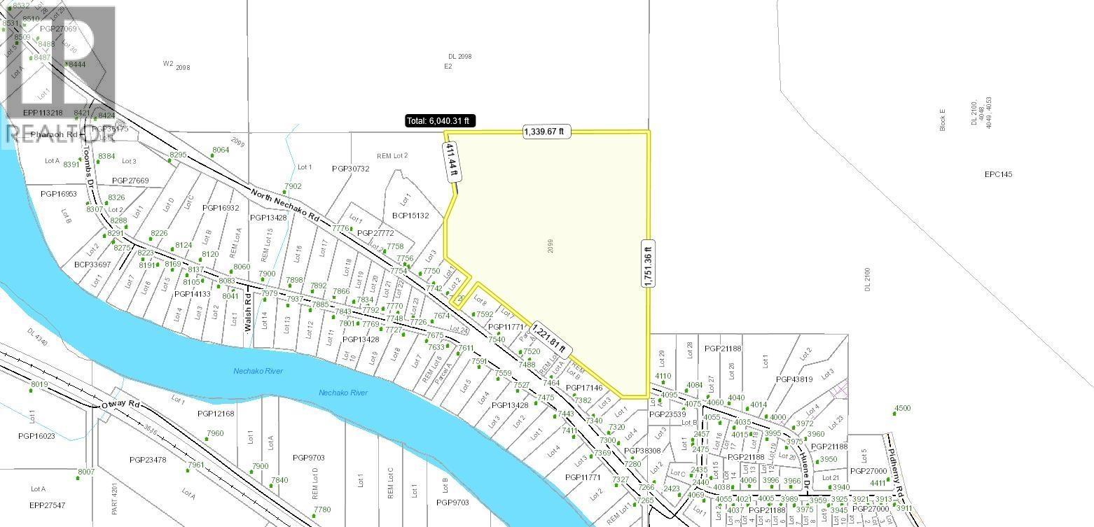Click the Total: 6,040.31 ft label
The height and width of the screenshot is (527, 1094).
click(440, 121)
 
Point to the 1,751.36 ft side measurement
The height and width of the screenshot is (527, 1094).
click(648, 262)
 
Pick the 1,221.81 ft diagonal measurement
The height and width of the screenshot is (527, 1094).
click(547, 339)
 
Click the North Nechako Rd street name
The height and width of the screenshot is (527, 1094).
click(284, 202)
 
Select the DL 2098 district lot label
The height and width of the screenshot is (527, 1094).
click(460, 57)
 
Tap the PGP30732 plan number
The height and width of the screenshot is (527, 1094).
click(350, 169)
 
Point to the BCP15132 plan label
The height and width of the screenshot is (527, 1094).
click(410, 216)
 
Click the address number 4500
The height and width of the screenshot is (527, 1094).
click(902, 408)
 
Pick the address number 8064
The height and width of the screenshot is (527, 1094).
click(221, 150)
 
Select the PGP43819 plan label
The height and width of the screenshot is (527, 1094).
click(794, 379)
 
